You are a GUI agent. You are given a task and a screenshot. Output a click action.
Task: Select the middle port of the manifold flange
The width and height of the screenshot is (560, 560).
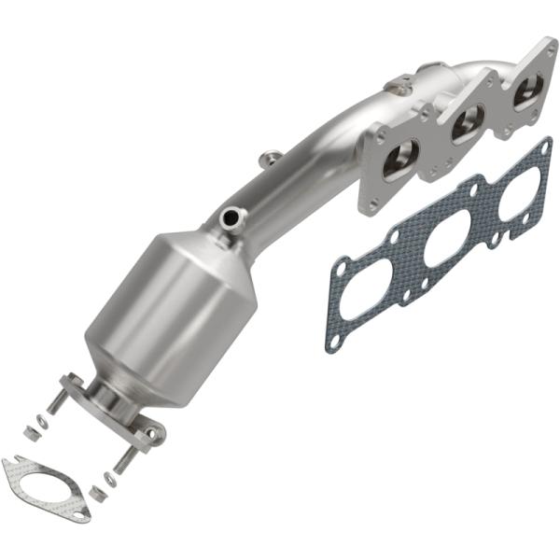(x=468, y=124)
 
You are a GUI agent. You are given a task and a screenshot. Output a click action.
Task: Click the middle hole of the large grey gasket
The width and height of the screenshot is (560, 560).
(x=447, y=241)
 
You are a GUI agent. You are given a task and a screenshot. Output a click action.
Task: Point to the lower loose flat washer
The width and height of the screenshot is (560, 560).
(x=111, y=479)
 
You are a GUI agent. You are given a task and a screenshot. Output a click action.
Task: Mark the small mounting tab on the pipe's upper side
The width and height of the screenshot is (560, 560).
(x=269, y=158)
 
